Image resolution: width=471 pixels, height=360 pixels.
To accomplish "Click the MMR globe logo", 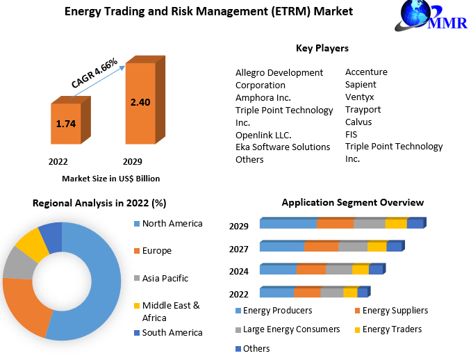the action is (431, 15).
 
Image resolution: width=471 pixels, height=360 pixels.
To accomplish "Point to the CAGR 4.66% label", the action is (94, 73).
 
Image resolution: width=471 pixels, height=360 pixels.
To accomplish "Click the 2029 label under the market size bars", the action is (133, 162).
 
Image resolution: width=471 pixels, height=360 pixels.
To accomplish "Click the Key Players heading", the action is (322, 48).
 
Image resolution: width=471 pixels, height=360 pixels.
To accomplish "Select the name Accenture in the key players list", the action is (366, 72).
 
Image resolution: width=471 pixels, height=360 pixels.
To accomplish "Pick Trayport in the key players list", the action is (363, 110).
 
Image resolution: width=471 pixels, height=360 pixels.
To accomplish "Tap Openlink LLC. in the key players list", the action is (263, 136).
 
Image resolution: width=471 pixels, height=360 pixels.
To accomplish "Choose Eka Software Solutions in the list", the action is (283, 147).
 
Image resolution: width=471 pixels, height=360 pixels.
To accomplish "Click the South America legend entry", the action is (168, 333).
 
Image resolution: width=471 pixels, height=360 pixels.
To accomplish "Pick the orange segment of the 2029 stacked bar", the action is (336, 223).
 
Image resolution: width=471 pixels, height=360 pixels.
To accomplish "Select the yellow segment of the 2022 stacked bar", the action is (350, 292).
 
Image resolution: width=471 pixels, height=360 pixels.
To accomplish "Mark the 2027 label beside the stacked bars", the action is (239, 249).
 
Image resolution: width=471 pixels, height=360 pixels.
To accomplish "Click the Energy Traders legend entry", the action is (388, 329).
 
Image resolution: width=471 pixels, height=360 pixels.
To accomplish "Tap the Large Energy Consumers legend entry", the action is (288, 329).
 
